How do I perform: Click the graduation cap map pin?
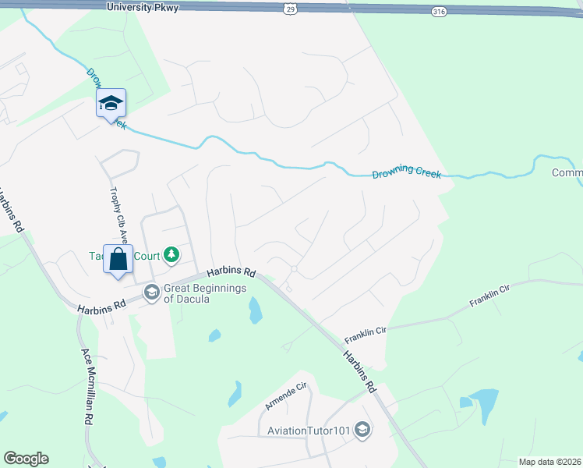[x=111, y=103]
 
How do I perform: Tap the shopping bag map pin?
[x=118, y=260]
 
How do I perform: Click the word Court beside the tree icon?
[x=144, y=255]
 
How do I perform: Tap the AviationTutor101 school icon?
[x=362, y=430]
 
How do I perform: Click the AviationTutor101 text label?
[x=310, y=430]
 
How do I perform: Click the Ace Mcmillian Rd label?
[x=87, y=385]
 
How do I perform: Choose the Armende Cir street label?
[x=287, y=397]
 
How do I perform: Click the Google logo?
[x=26, y=459]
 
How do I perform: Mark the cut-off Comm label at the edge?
[x=567, y=172]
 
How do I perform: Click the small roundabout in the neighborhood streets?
[x=294, y=269]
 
